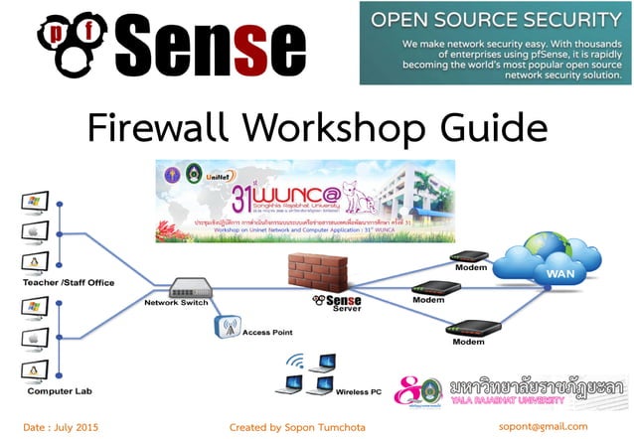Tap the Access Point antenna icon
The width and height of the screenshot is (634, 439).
[x=225, y=325]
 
